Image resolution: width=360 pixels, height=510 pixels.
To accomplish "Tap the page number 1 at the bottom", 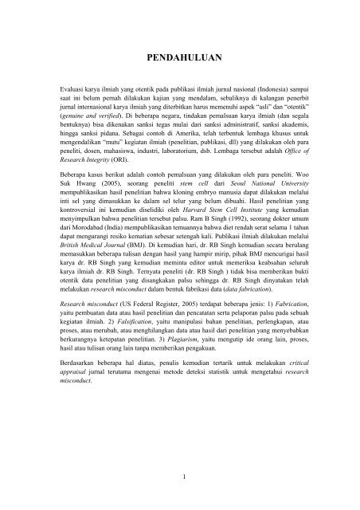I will tap(180, 477).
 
